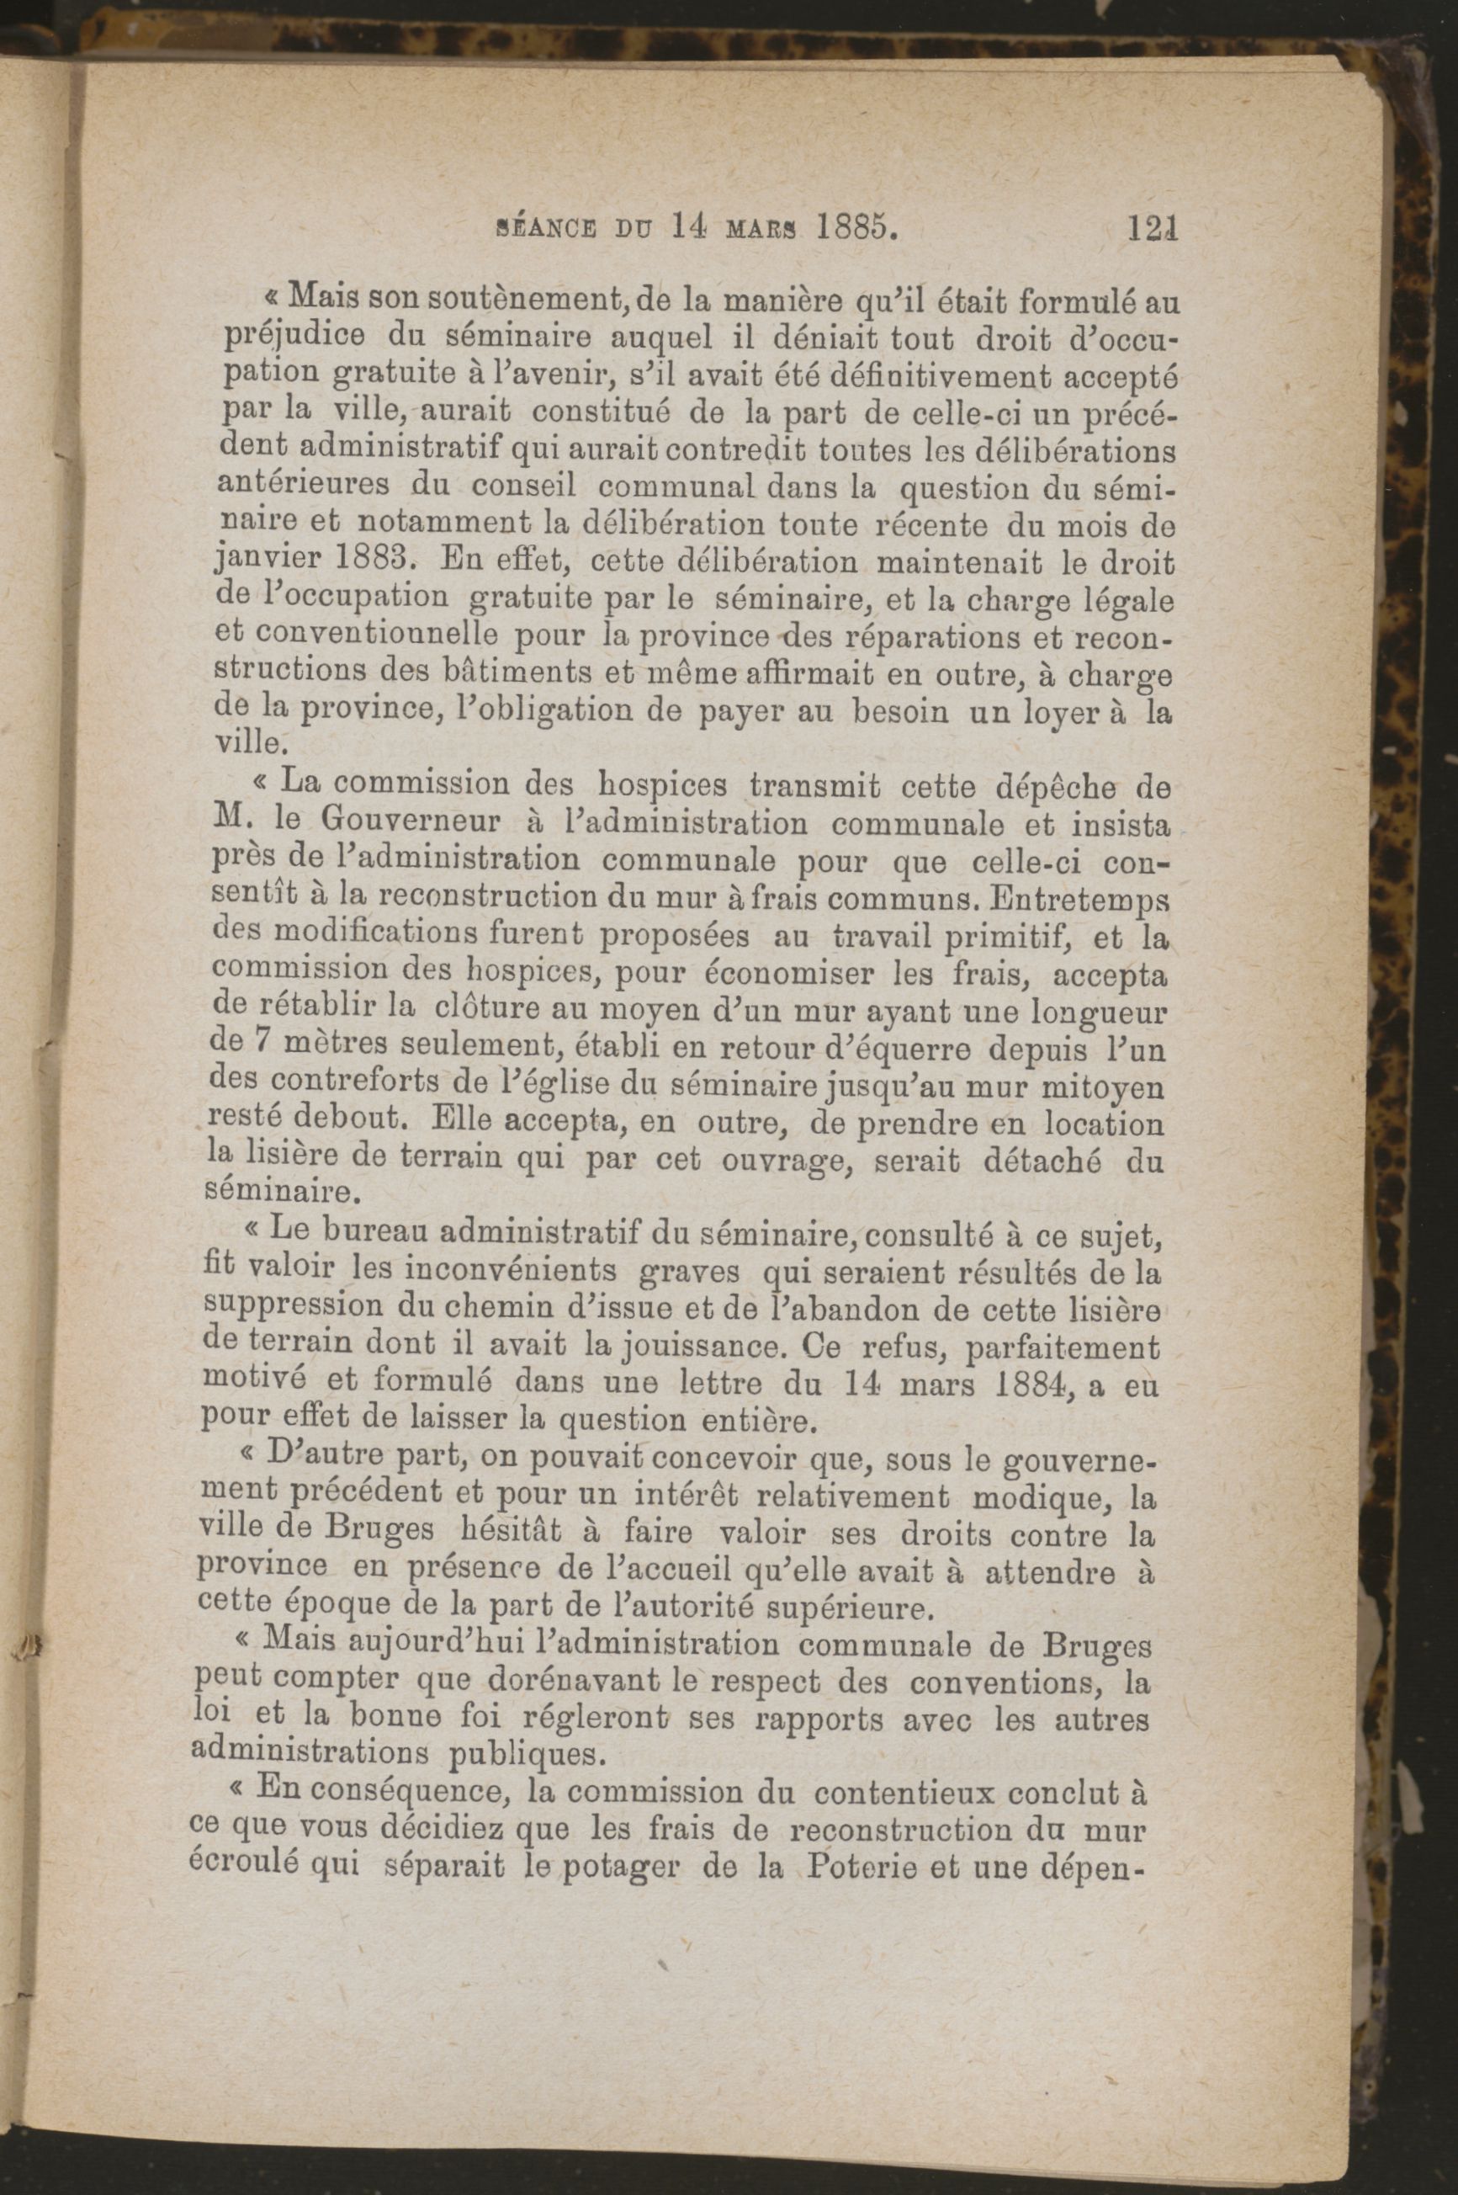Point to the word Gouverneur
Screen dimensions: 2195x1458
pos(396,823)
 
